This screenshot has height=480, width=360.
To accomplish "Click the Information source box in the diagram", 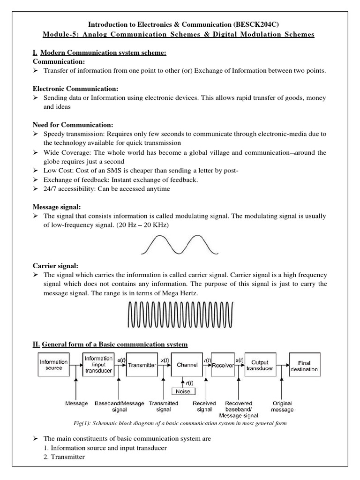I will point(54,365).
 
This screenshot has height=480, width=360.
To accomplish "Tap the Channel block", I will point(187,365).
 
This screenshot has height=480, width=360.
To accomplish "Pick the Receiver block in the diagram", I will point(223,365).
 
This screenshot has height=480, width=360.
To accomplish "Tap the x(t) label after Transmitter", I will point(164,360).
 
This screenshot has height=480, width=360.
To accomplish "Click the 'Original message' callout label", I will point(282,406).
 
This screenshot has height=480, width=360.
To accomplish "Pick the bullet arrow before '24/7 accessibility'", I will point(36,189).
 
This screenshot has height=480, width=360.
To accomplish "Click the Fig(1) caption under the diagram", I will point(180,423).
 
